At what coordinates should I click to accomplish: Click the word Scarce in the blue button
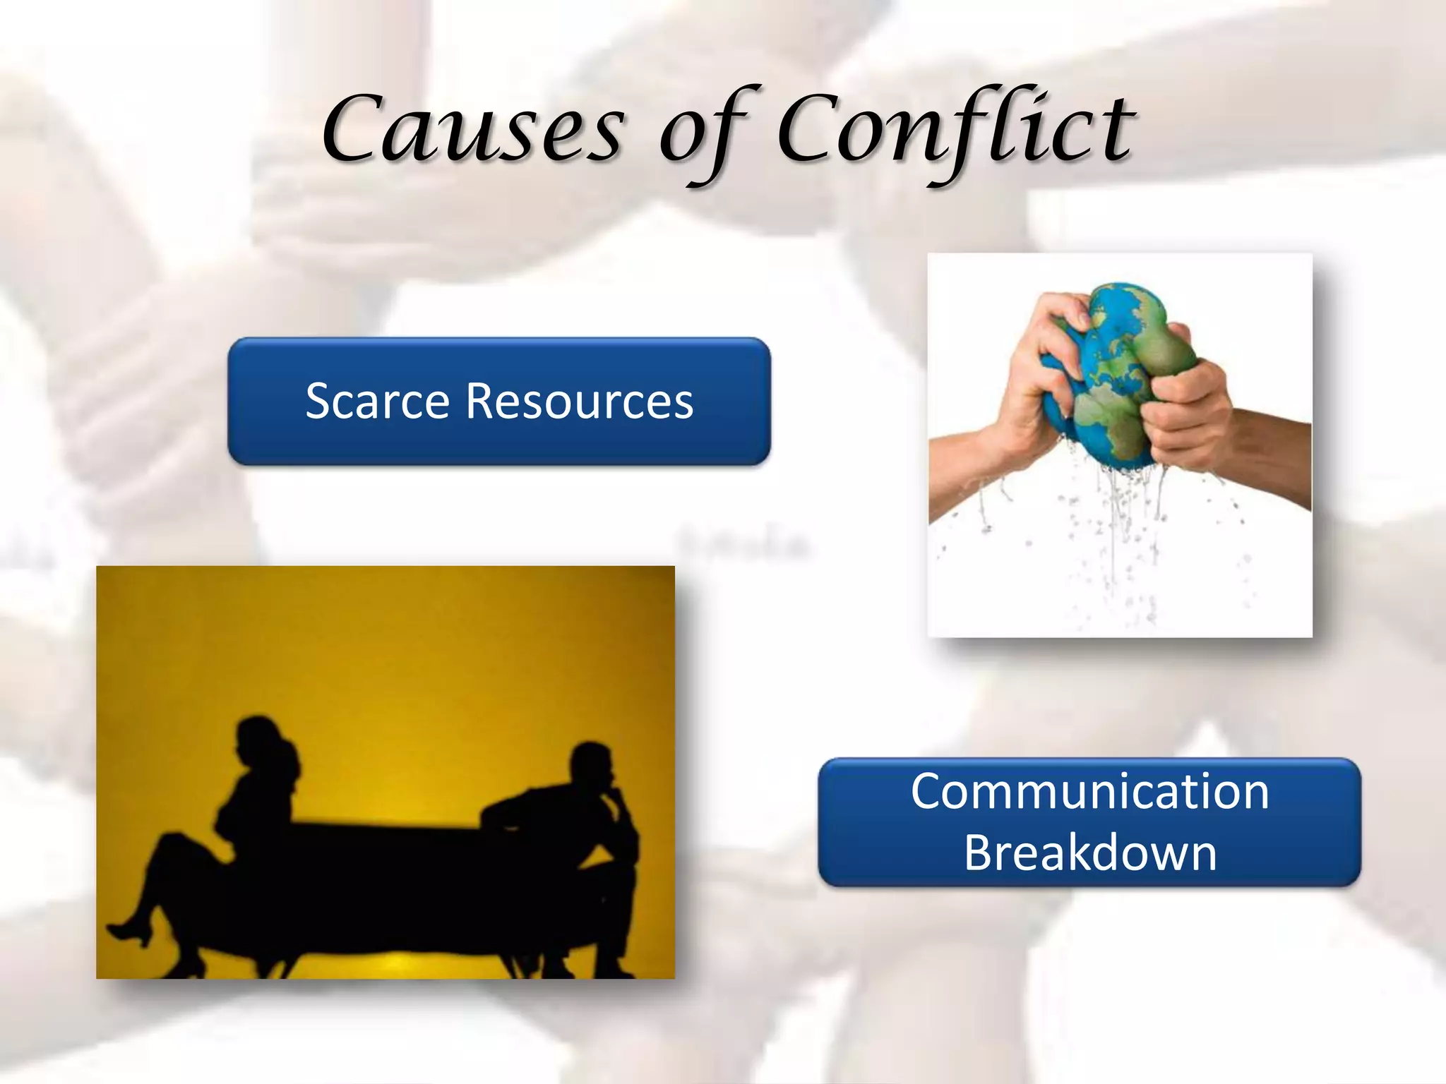[x=377, y=401]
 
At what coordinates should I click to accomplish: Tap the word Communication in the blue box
[x=1089, y=791]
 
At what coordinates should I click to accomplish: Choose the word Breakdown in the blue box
[x=1089, y=853]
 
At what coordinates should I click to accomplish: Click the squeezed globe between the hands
[x=1116, y=367]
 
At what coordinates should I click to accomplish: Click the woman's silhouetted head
[x=258, y=741]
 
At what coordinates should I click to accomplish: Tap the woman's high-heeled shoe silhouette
[x=131, y=932]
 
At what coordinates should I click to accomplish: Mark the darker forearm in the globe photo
[x=1271, y=459]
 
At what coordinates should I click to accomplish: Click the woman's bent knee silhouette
[x=169, y=843]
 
